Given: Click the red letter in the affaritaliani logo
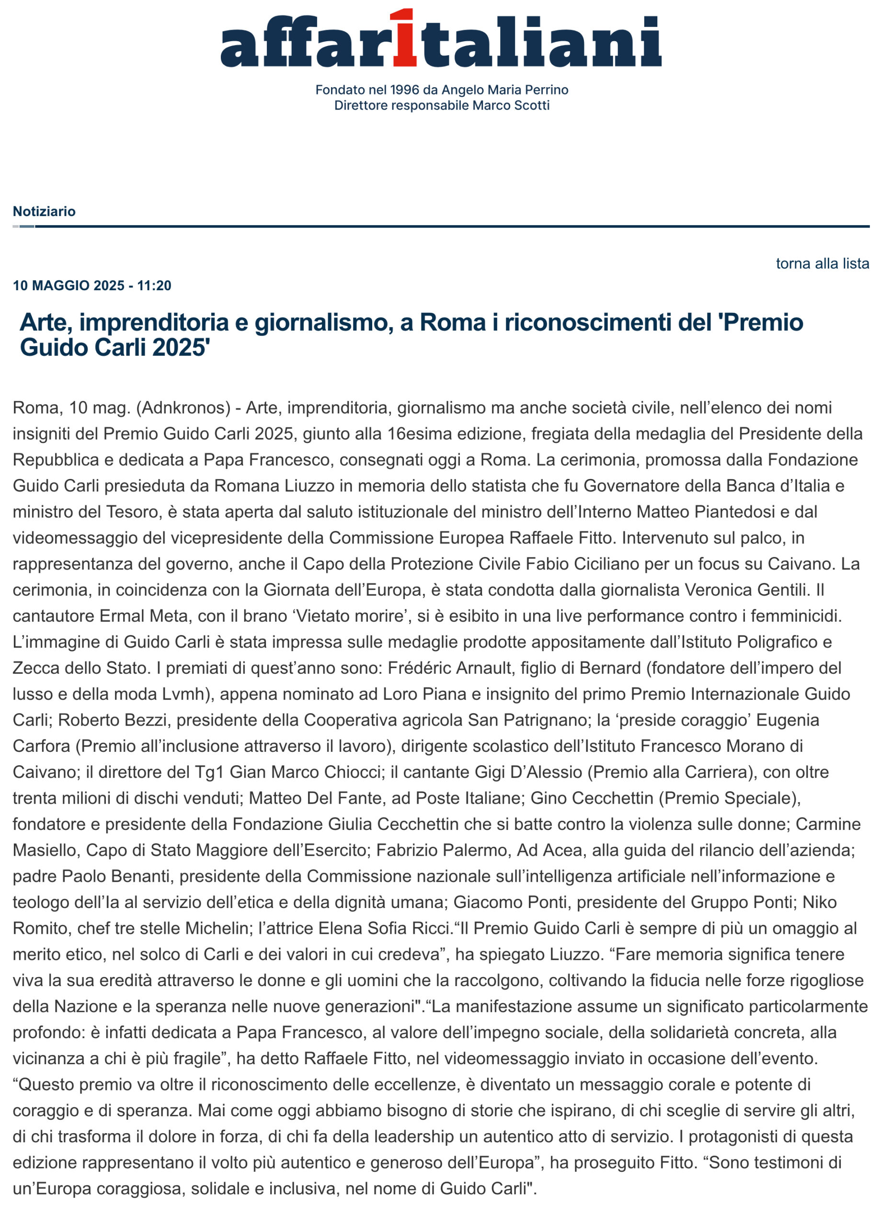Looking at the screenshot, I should tap(405, 39).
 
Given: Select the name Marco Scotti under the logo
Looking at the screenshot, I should tap(510, 105).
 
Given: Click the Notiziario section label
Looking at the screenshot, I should tap(45, 211).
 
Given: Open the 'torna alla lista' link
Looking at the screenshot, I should tap(822, 264).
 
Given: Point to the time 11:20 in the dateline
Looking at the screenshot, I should tap(154, 286).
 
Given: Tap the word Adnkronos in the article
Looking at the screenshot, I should tap(183, 408).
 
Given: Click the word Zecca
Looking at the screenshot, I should tap(35, 668).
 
